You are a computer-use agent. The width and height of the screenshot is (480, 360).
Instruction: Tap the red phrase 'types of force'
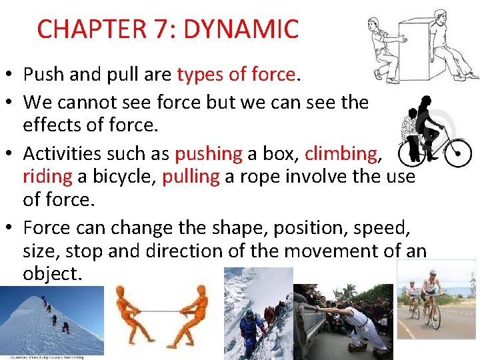pyautogui.click(x=236, y=75)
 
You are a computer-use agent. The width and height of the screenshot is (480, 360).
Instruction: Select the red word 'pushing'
pyautogui.click(x=208, y=153)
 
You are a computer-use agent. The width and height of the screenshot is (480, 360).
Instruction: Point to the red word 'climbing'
pyautogui.click(x=341, y=153)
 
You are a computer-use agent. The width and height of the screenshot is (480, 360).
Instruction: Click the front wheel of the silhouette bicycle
pyautogui.click(x=457, y=153)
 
